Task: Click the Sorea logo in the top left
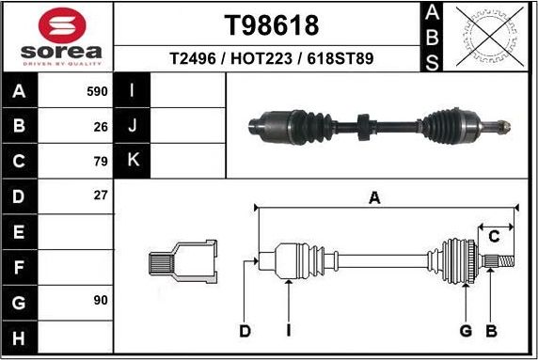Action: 56,38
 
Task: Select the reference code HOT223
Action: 271,58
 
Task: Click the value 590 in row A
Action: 97,92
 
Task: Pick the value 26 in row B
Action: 101,126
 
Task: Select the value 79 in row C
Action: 101,161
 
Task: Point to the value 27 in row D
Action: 101,196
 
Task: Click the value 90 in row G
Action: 101,300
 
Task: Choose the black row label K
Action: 133,161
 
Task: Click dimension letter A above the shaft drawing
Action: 374,197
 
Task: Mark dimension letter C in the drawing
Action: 493,236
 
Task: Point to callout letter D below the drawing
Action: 245,331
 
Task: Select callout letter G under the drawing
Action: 466,331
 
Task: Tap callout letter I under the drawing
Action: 289,331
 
